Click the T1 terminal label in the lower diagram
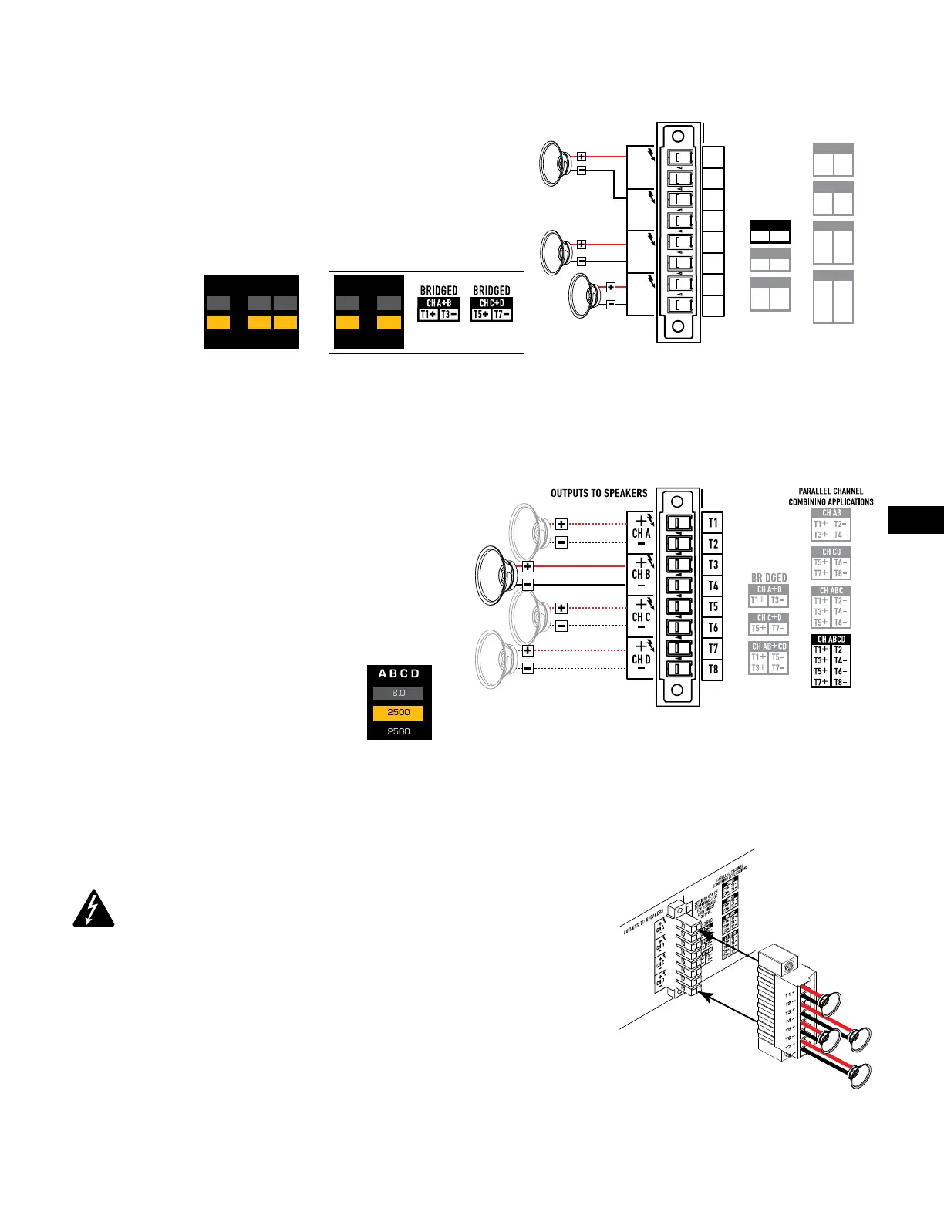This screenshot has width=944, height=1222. pos(713,523)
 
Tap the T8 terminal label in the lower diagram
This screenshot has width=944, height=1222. pos(713,669)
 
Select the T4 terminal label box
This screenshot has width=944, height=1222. pos(713,586)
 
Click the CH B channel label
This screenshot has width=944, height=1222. pos(641,575)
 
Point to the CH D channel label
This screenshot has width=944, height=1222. pos(641,659)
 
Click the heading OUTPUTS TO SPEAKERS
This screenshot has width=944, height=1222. pos(598,493)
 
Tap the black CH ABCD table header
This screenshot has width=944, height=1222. pos(831,640)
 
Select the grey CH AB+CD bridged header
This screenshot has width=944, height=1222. pos(769,646)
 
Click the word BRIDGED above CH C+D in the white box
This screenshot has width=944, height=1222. pos(491,291)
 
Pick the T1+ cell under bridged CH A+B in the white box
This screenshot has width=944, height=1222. pos(428,315)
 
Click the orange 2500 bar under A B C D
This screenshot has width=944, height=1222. pos(398,712)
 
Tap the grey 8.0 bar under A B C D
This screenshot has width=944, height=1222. pos(398,693)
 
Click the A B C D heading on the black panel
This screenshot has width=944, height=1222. pos(399,673)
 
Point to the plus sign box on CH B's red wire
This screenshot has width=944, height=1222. pos(528,567)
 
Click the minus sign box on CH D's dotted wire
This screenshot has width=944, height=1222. pos(528,668)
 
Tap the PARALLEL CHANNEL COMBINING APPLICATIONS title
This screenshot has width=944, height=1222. pos(831,496)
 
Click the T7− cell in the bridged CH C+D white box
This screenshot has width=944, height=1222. pos(501,315)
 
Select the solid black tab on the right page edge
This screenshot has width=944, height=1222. pos(916,519)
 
